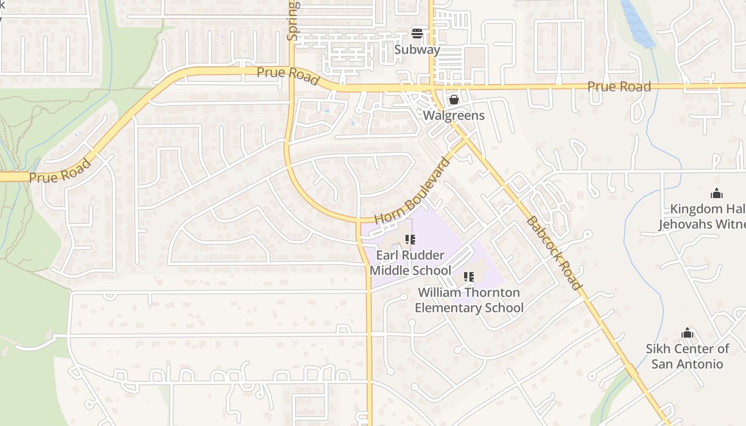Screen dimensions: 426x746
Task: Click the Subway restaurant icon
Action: [x=417, y=34]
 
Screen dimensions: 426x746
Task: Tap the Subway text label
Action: [x=417, y=50]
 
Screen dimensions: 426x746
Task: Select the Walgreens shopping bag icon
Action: [x=453, y=100]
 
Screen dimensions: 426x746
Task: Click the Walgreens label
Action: [x=453, y=116]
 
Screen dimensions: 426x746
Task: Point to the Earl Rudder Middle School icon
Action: [x=410, y=240]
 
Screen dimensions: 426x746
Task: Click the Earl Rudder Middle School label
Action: [x=410, y=263]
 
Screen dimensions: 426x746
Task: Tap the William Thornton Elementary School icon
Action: [x=469, y=277]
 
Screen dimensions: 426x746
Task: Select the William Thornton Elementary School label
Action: [x=469, y=300]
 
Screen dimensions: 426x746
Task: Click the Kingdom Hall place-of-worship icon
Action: [x=717, y=193]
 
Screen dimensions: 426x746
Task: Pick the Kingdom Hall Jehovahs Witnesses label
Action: [x=702, y=216]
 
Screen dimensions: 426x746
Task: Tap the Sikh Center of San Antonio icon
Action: [x=687, y=334]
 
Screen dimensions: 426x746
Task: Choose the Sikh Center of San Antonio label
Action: [x=687, y=356]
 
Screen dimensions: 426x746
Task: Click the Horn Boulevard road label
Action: [x=412, y=191]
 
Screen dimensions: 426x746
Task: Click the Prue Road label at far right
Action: [x=619, y=86]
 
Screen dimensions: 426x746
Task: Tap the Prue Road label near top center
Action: [x=288, y=76]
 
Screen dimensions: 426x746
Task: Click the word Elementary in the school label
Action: [x=448, y=308]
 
